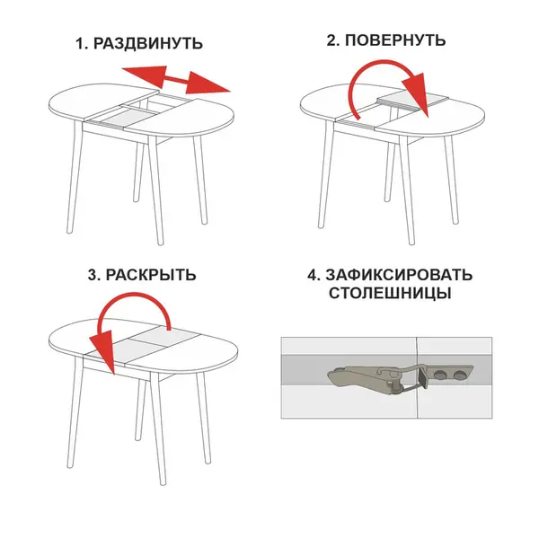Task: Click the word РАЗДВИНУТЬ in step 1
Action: [148, 44]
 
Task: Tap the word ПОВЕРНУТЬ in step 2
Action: [395, 40]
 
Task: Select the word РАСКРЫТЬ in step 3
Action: [151, 275]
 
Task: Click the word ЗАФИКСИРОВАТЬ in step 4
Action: [399, 275]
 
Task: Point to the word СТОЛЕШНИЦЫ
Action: [390, 294]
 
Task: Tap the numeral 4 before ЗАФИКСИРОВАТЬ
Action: [314, 276]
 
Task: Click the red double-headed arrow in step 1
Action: [176, 80]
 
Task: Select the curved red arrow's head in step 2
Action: [417, 94]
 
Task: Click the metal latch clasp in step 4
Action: [401, 378]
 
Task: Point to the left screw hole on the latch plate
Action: [439, 376]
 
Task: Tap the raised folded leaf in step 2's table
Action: [413, 102]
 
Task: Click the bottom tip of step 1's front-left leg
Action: [70, 231]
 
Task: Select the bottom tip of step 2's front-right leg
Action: [411, 243]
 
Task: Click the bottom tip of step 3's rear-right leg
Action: [208, 461]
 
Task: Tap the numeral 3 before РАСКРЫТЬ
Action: [93, 276]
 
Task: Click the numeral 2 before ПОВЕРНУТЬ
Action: [332, 40]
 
